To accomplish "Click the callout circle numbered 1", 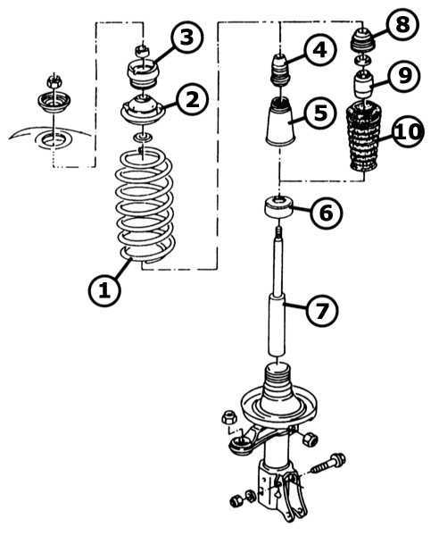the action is [x=104, y=290].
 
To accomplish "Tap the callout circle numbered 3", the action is [x=186, y=38].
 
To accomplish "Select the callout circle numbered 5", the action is [x=319, y=113].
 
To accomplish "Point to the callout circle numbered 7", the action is [x=322, y=310].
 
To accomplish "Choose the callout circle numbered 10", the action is [x=407, y=131].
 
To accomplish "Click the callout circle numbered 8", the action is [x=402, y=24].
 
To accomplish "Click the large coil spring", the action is [x=145, y=208].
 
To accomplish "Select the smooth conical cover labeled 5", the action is [x=280, y=121].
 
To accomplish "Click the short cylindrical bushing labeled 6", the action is [x=279, y=206].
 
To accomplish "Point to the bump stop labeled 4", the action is [x=280, y=70].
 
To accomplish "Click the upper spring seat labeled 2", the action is [x=144, y=111].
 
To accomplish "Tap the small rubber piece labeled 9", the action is [x=363, y=84].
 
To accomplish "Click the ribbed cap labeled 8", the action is [x=362, y=40].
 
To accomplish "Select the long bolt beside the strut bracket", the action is [x=327, y=464].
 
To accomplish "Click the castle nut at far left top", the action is [x=53, y=81].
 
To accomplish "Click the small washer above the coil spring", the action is [x=143, y=138].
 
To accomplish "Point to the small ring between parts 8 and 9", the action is [x=362, y=61].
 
